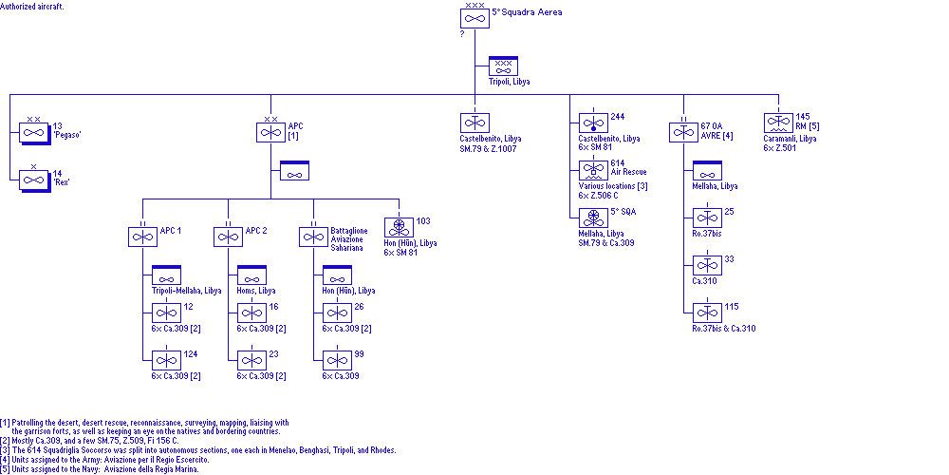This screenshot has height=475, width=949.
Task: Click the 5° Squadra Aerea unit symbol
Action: pyautogui.click(x=474, y=18)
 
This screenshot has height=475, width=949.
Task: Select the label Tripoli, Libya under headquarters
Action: pyautogui.click(x=509, y=82)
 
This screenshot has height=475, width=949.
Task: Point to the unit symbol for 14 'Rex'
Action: pyautogui.click(x=34, y=180)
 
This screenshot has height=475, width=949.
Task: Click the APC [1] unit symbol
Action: pyautogui.click(x=270, y=132)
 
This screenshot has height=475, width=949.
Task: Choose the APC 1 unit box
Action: pyautogui.click(x=142, y=237)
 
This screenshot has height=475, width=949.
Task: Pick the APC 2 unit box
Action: pyautogui.click(x=228, y=237)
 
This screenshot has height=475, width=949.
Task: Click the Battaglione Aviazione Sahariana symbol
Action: pyautogui.click(x=313, y=237)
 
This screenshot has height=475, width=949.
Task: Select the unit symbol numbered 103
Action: pyautogui.click(x=399, y=227)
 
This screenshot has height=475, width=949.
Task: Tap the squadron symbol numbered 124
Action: pyautogui.click(x=166, y=360)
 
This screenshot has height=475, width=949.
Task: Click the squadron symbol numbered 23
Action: pyautogui.click(x=251, y=360)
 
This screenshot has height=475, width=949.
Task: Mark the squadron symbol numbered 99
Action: pyautogui.click(x=337, y=360)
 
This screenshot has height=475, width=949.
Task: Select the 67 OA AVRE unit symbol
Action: pyautogui.click(x=683, y=132)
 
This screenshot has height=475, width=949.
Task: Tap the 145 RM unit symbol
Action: pyautogui.click(x=778, y=123)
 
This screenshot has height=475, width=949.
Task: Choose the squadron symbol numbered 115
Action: pyautogui.click(x=707, y=313)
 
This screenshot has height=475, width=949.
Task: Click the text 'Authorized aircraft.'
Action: pyautogui.click(x=36, y=6)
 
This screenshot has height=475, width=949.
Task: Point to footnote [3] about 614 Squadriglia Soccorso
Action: pyautogui.click(x=198, y=450)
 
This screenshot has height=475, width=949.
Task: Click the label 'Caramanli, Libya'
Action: pyautogui.click(x=790, y=139)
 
